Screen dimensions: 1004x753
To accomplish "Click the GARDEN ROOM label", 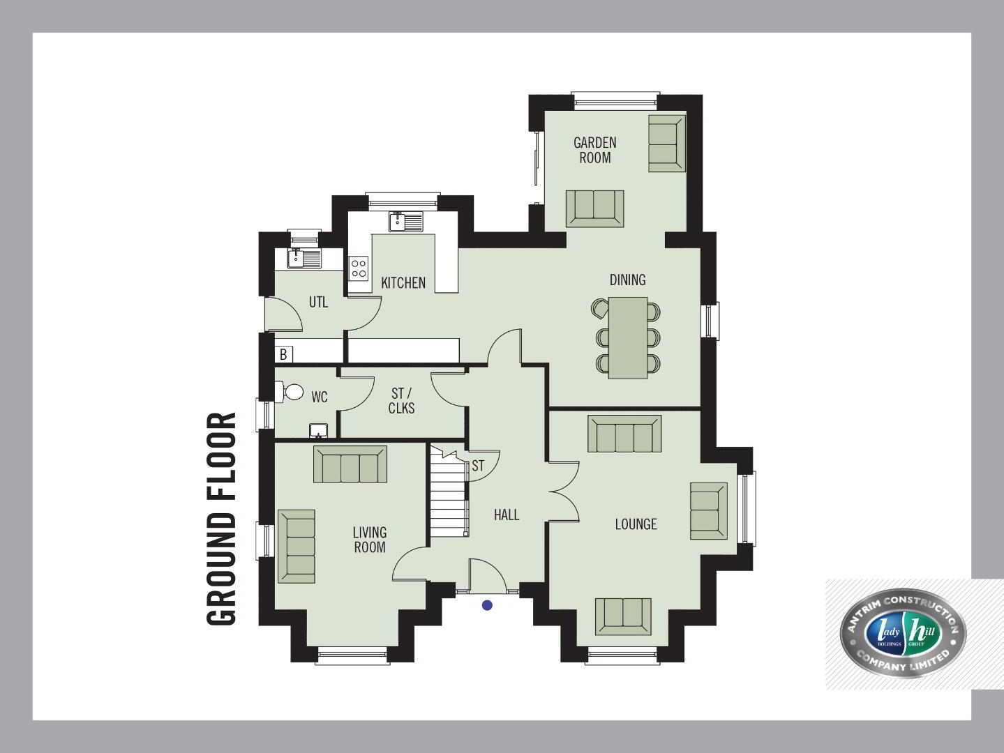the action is coord(594,150).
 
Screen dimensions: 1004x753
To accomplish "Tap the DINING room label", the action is coord(627,280).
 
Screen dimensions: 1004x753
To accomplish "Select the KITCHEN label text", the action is coord(403,283).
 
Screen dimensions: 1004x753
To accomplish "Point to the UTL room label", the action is coord(318,302).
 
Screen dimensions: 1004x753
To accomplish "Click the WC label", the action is coord(320,397).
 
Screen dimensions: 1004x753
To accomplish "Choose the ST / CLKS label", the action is coord(401,401).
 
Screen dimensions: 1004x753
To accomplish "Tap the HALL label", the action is coord(507,515).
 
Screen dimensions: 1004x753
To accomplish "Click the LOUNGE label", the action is coord(636,524).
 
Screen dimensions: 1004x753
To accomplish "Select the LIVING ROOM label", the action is coord(370,540).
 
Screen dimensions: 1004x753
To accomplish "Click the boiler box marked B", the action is coord(283,354).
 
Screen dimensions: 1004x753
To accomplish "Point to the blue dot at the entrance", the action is coord(487,605).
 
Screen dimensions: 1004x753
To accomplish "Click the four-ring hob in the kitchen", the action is coord(359,268).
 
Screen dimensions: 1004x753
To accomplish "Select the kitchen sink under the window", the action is coord(406,222).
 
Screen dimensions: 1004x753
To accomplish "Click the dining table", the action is coord(627,337).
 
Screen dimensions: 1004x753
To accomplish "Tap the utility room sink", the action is coord(304,259).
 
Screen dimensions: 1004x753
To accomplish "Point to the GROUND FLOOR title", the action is coord(221,519).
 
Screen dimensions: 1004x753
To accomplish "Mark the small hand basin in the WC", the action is coord(318,430).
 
